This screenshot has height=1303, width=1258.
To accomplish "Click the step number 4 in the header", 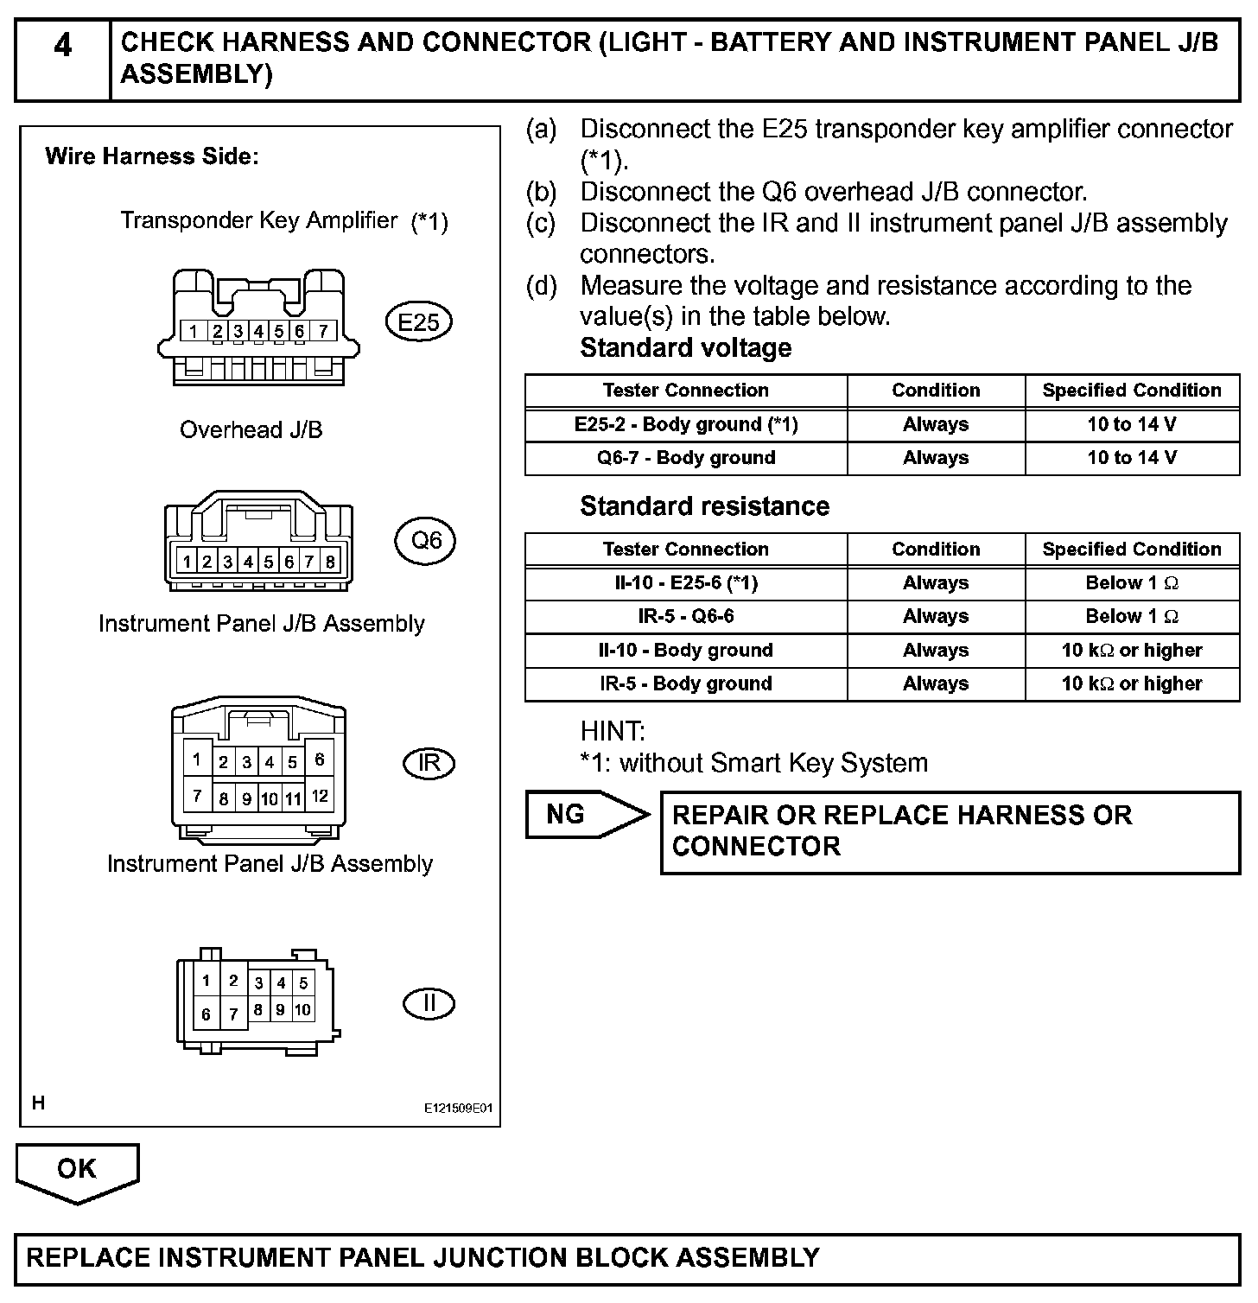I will click(x=62, y=46).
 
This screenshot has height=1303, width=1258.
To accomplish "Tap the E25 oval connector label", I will click(x=418, y=323).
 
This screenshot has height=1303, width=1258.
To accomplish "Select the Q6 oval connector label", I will click(x=426, y=541).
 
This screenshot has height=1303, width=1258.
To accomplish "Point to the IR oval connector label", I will click(x=429, y=763).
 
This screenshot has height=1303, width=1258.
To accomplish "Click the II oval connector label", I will click(x=429, y=1003).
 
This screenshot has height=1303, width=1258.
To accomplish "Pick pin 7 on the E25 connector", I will click(x=322, y=331).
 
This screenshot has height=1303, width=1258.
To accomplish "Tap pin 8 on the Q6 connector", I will click(x=329, y=562).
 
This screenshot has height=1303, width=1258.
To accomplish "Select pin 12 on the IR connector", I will click(x=320, y=796).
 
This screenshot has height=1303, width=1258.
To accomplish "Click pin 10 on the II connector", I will click(x=302, y=1009).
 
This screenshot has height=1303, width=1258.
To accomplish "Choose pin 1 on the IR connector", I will click(x=197, y=760).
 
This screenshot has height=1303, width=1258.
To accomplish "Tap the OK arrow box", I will click(x=77, y=1170).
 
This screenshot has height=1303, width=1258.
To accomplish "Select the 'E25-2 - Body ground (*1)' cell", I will click(x=686, y=424).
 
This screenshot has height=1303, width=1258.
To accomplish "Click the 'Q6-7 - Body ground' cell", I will click(x=686, y=458).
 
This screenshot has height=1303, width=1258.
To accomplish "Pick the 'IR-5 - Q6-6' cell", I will click(x=686, y=617).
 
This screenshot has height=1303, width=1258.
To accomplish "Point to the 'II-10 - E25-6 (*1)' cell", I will click(x=686, y=583).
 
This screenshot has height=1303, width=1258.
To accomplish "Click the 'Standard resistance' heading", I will click(x=704, y=506).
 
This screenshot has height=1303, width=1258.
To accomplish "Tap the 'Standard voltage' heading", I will click(x=685, y=348).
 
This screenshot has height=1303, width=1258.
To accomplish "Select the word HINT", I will click(x=613, y=732).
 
